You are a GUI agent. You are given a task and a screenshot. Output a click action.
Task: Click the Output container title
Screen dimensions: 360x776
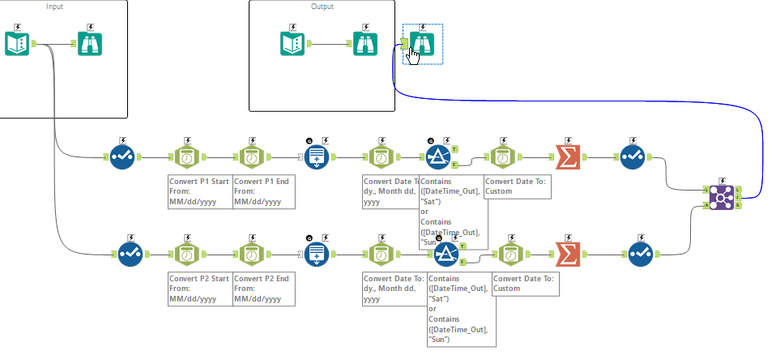click(321, 7)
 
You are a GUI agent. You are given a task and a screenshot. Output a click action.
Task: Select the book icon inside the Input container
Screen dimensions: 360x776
click(19, 43)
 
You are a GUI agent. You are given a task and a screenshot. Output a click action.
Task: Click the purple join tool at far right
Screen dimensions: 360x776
click(717, 197)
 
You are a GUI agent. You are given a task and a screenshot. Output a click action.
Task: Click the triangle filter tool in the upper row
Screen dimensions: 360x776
click(438, 157)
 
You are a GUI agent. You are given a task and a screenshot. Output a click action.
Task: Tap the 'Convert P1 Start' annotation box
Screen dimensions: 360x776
click(198, 191)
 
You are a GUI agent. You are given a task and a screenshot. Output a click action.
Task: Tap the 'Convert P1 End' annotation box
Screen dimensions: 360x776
click(263, 191)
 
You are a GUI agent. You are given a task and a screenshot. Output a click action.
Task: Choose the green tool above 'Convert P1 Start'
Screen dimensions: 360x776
click(186, 157)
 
